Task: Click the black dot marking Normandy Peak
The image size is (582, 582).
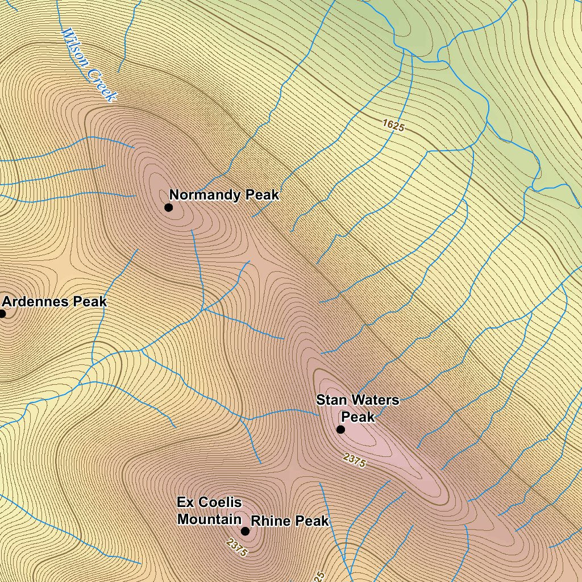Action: (169, 207)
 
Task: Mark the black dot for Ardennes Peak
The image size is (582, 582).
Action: (2, 313)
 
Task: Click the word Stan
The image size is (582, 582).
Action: (331, 400)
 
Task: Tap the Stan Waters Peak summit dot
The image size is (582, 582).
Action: (340, 429)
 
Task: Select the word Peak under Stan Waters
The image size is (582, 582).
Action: (358, 417)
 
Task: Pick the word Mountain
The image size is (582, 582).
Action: (209, 519)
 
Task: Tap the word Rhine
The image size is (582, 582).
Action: (270, 521)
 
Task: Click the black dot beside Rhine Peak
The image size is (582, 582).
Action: (245, 531)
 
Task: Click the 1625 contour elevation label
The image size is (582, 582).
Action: (393, 126)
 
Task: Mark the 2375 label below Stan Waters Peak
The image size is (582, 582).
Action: (355, 460)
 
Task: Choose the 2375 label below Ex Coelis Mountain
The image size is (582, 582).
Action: (236, 547)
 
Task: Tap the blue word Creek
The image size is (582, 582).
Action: (102, 85)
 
